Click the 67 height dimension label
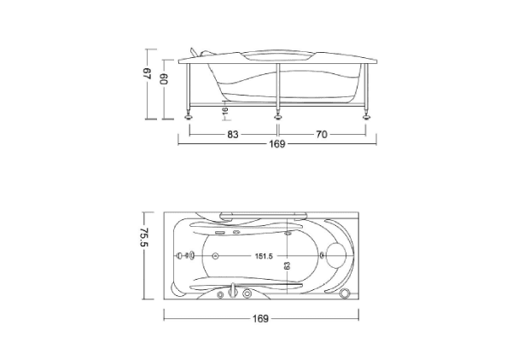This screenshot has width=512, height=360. point(148,73)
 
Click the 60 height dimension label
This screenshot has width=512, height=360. point(164,78)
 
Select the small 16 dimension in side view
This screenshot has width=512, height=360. point(224,110)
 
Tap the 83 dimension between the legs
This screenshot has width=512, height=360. point(233,135)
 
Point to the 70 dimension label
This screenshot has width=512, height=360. point(322,135)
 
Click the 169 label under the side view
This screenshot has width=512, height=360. point(277,144)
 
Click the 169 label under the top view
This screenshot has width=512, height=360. point(260,318)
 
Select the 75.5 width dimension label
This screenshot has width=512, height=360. point(144,237)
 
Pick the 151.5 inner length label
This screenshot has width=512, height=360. point(264,256)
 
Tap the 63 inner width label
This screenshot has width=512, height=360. point(287,265)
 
